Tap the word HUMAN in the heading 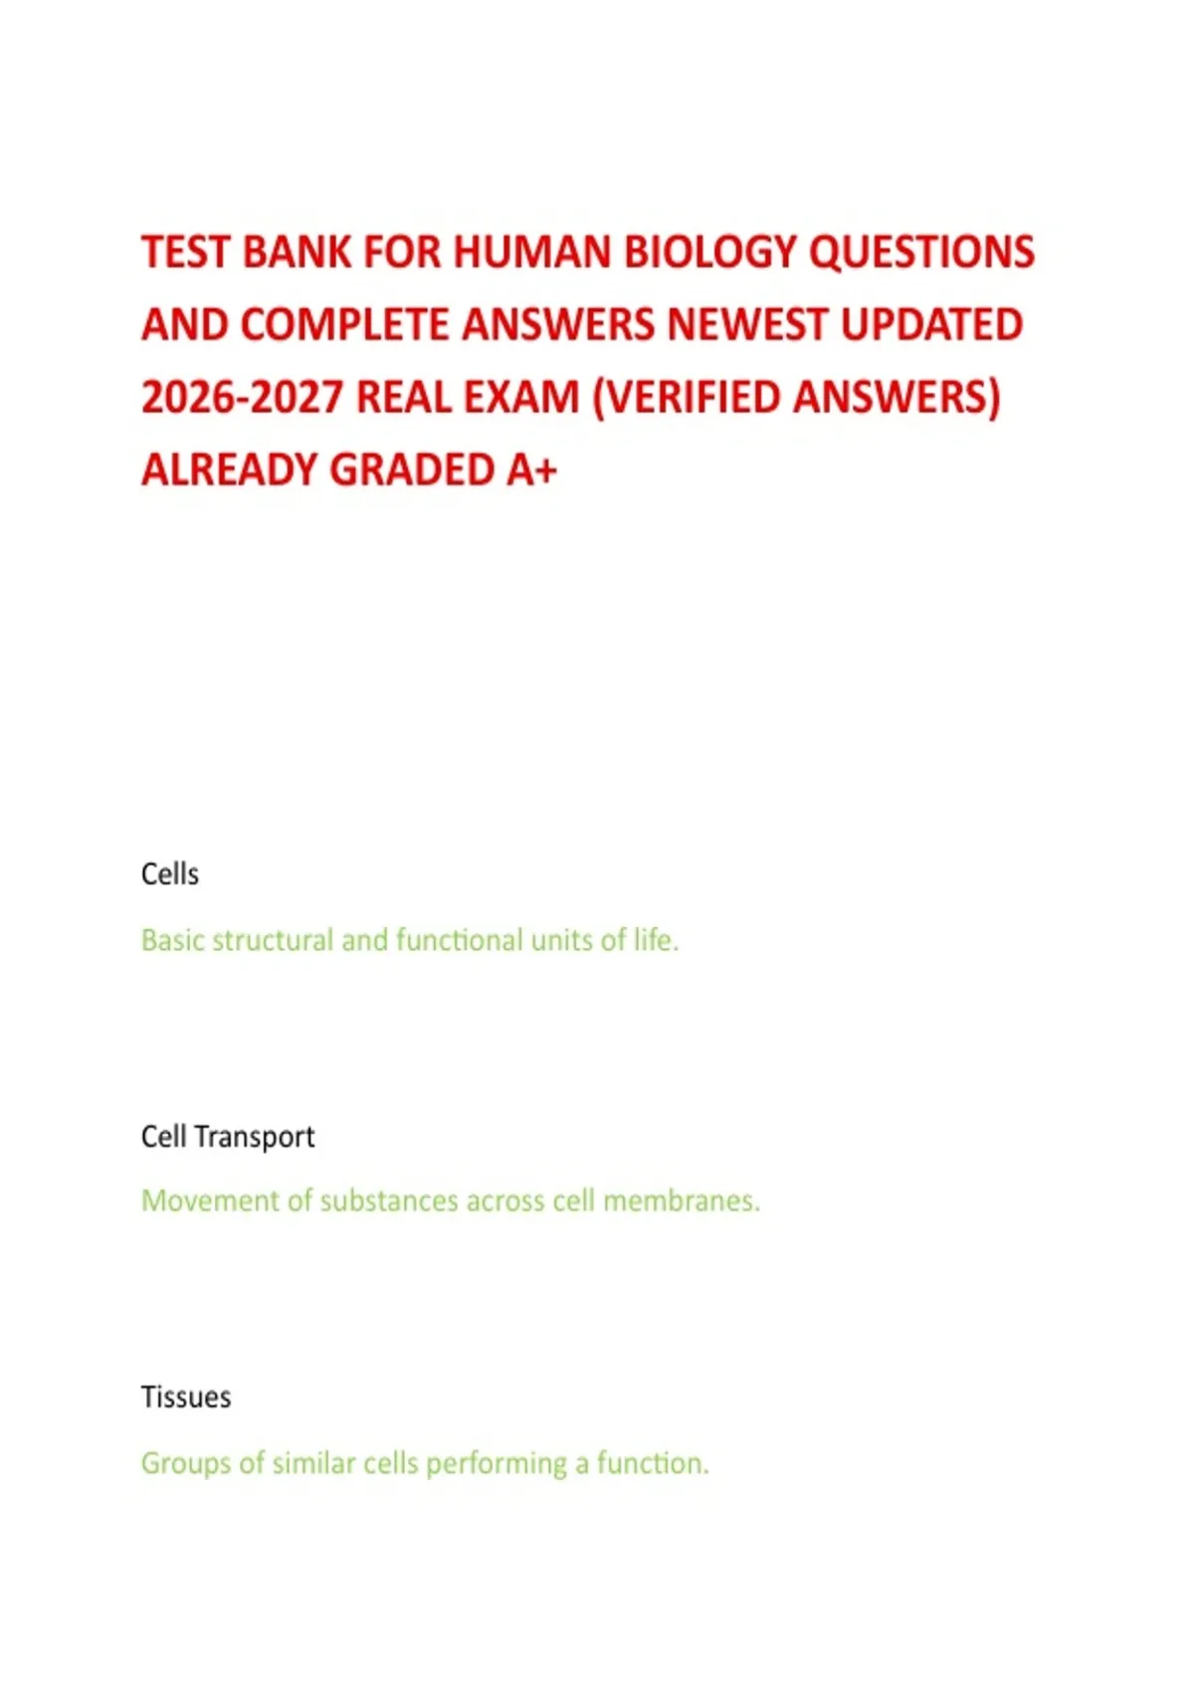coord(532,253)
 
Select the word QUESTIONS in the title coord(921,253)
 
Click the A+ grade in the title coord(531,470)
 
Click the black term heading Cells coord(170,874)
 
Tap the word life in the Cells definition coord(655,940)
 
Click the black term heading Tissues coord(186,1398)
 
